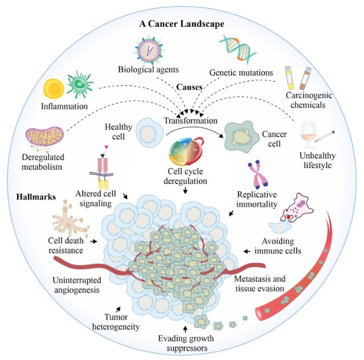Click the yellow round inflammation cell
tap(54, 89)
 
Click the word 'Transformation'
tap(190, 121)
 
